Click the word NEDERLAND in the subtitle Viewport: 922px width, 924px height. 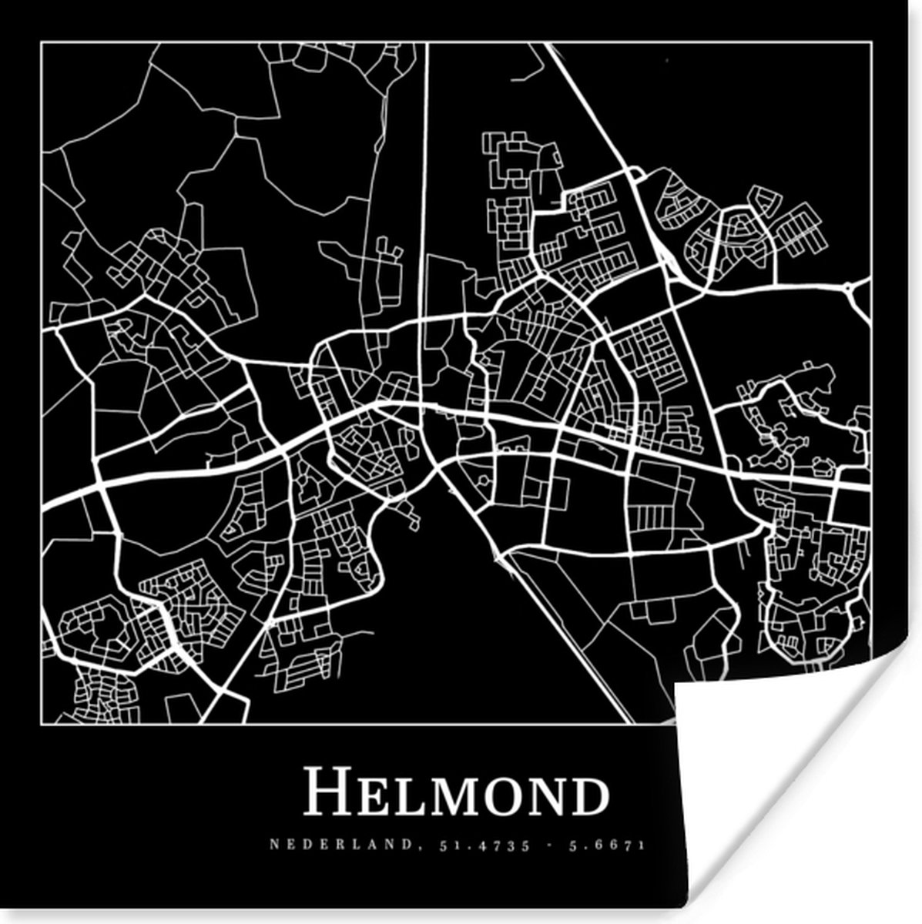(340, 845)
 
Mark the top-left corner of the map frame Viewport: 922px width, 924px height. (42, 43)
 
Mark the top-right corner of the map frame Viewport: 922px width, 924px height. (870, 43)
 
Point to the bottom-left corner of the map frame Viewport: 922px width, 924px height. (42, 725)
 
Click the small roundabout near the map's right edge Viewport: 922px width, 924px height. (850, 288)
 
